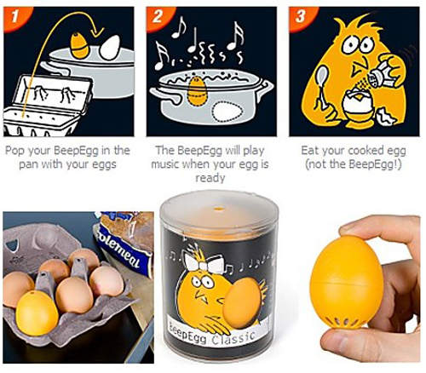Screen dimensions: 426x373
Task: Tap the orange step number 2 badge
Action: click(x=158, y=17)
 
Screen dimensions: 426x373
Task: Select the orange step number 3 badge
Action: click(x=301, y=17)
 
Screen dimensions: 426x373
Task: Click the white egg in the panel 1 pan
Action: click(x=110, y=48)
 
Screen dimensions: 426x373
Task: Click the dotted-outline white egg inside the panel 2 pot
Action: click(x=227, y=112)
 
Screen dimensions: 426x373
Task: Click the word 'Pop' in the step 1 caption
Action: click(x=15, y=151)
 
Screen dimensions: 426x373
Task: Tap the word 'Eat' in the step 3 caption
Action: click(x=309, y=151)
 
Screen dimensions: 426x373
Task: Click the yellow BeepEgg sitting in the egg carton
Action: click(x=37, y=313)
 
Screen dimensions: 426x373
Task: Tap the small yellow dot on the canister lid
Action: click(x=218, y=209)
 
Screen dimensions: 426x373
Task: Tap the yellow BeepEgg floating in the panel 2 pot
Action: click(x=197, y=92)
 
